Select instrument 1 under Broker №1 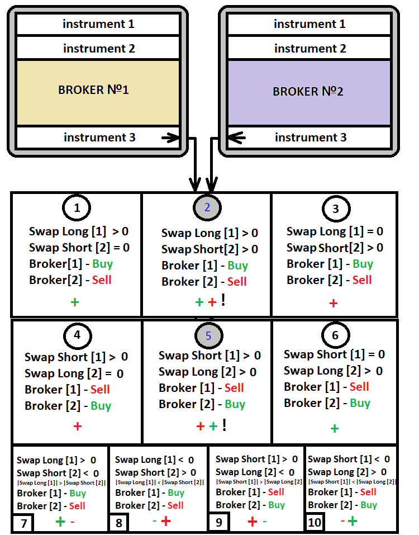[98, 24]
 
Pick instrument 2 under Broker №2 [310, 49]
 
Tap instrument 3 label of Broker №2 [311, 137]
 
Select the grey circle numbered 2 [207, 208]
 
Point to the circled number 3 [335, 209]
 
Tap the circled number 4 [77, 335]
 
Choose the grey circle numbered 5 [208, 335]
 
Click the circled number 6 [335, 335]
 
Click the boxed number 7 [23, 524]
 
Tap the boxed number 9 [218, 524]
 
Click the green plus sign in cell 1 [75, 302]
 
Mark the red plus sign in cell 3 [334, 304]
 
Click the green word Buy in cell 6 [360, 403]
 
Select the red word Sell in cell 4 [100, 390]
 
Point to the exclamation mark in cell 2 [223, 301]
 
